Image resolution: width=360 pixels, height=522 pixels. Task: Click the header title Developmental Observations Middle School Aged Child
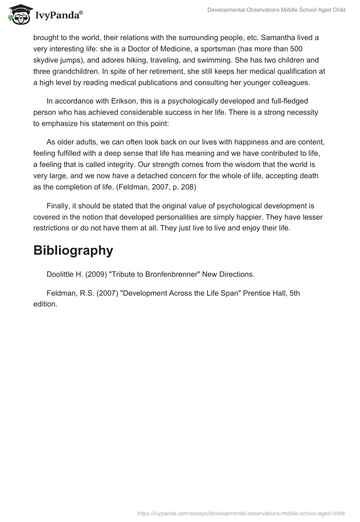click(276, 10)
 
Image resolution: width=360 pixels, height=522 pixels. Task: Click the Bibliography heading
click(73, 251)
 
